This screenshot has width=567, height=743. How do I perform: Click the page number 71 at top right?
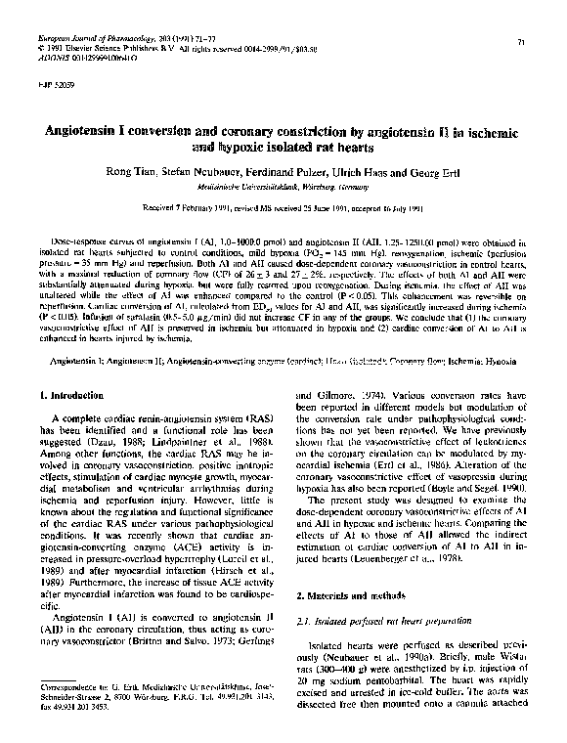(523, 42)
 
